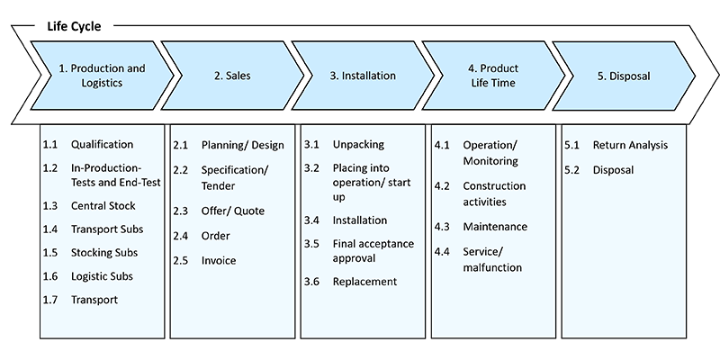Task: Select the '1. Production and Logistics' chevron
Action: coord(102,76)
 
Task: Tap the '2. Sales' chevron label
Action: coord(232,76)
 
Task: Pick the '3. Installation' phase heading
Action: coord(363,76)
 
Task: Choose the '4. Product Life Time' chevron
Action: coord(493,76)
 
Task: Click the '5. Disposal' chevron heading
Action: coord(623,76)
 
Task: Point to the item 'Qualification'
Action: coord(102,144)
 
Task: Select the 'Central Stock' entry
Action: coord(103,205)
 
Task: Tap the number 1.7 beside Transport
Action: coord(50,300)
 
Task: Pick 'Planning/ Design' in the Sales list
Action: coord(242,145)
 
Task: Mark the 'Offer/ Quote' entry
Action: coord(232,211)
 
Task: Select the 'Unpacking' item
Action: coord(358,144)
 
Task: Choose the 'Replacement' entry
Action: coord(364,281)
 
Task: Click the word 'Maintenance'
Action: coord(495,227)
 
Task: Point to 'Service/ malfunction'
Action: coord(492,259)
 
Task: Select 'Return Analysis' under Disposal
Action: coord(630,145)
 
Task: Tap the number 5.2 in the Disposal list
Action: coord(572,169)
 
